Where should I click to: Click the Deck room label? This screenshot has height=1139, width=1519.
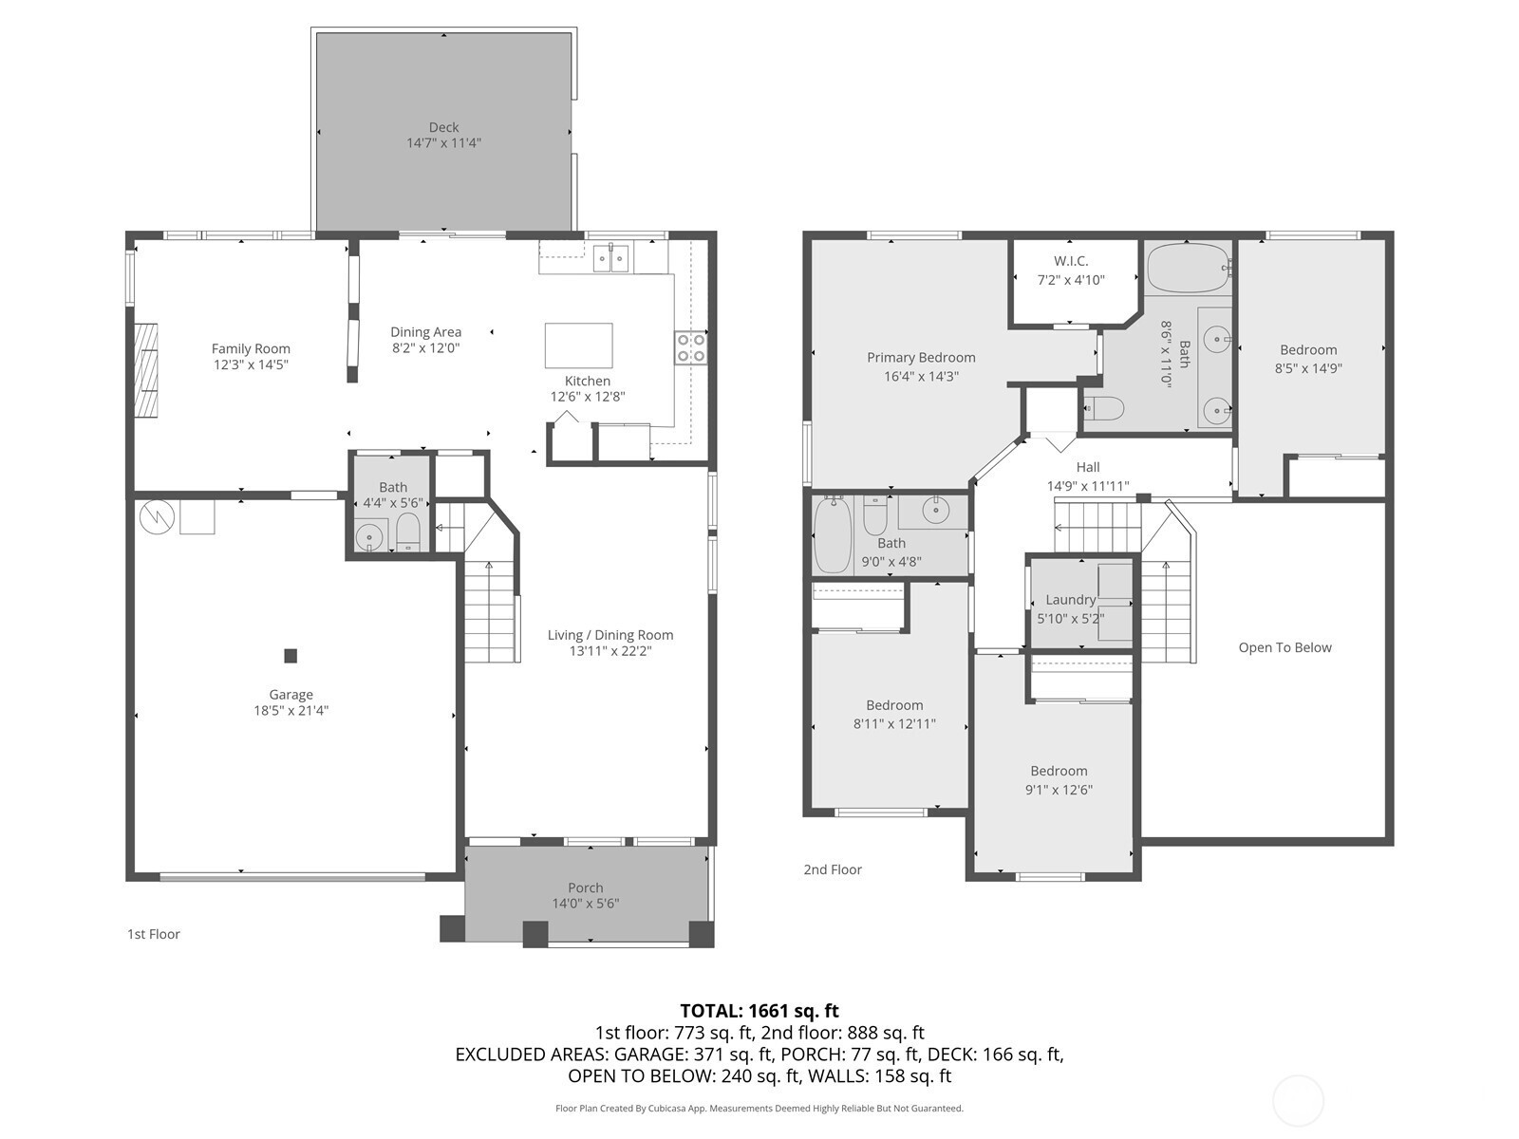pos(443,127)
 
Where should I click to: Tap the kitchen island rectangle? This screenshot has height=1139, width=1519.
pos(578,345)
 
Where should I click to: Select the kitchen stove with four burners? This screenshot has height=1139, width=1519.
pos(690,347)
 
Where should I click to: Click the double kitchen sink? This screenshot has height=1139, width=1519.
pos(611,258)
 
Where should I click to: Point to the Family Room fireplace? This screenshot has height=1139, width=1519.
pos(145,370)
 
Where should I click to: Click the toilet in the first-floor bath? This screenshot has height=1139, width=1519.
pos(408,532)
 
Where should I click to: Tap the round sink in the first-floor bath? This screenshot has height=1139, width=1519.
pos(370,537)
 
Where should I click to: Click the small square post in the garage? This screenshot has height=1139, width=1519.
pos(291,656)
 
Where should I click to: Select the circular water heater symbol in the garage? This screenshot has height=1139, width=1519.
pos(155,516)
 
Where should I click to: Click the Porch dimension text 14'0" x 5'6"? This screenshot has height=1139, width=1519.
pos(586,904)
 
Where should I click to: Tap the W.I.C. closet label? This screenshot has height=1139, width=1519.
pos(1071,261)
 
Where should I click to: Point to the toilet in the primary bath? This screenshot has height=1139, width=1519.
pos(1104,409)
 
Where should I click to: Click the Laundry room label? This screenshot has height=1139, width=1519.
pos(1071,600)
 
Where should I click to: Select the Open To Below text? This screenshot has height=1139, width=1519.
pos(1285,648)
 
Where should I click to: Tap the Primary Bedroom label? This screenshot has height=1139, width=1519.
pos(921,358)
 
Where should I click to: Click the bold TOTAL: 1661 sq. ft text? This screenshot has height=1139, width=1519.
pos(759,1011)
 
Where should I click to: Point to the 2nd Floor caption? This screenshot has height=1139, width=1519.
pos(833,870)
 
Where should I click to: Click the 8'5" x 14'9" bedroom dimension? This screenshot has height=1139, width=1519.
pos(1308,368)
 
